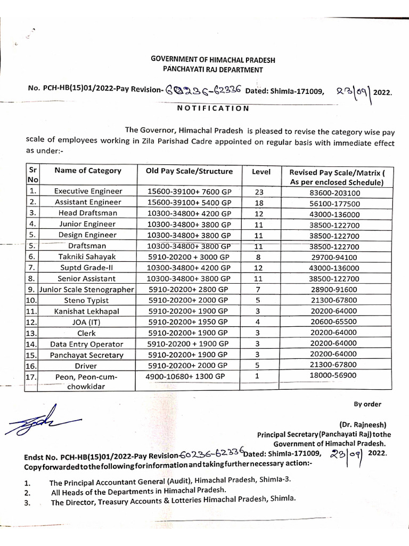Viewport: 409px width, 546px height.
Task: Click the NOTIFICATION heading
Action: [212, 108]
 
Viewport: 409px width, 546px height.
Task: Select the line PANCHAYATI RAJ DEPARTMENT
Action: [213, 69]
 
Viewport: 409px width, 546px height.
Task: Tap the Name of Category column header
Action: [88, 171]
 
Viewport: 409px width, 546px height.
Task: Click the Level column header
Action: [261, 172]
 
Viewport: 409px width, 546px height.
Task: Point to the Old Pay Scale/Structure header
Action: [189, 171]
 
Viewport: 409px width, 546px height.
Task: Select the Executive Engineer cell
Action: [88, 191]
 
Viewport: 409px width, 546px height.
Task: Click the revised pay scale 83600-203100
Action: [334, 191]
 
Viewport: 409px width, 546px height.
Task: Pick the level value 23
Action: [259, 191]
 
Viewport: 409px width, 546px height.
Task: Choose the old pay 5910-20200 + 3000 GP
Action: [189, 256]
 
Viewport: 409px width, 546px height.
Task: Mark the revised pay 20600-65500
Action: [334, 323]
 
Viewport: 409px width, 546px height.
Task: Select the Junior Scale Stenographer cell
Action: [86, 290]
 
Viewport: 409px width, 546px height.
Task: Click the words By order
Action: [367, 404]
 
